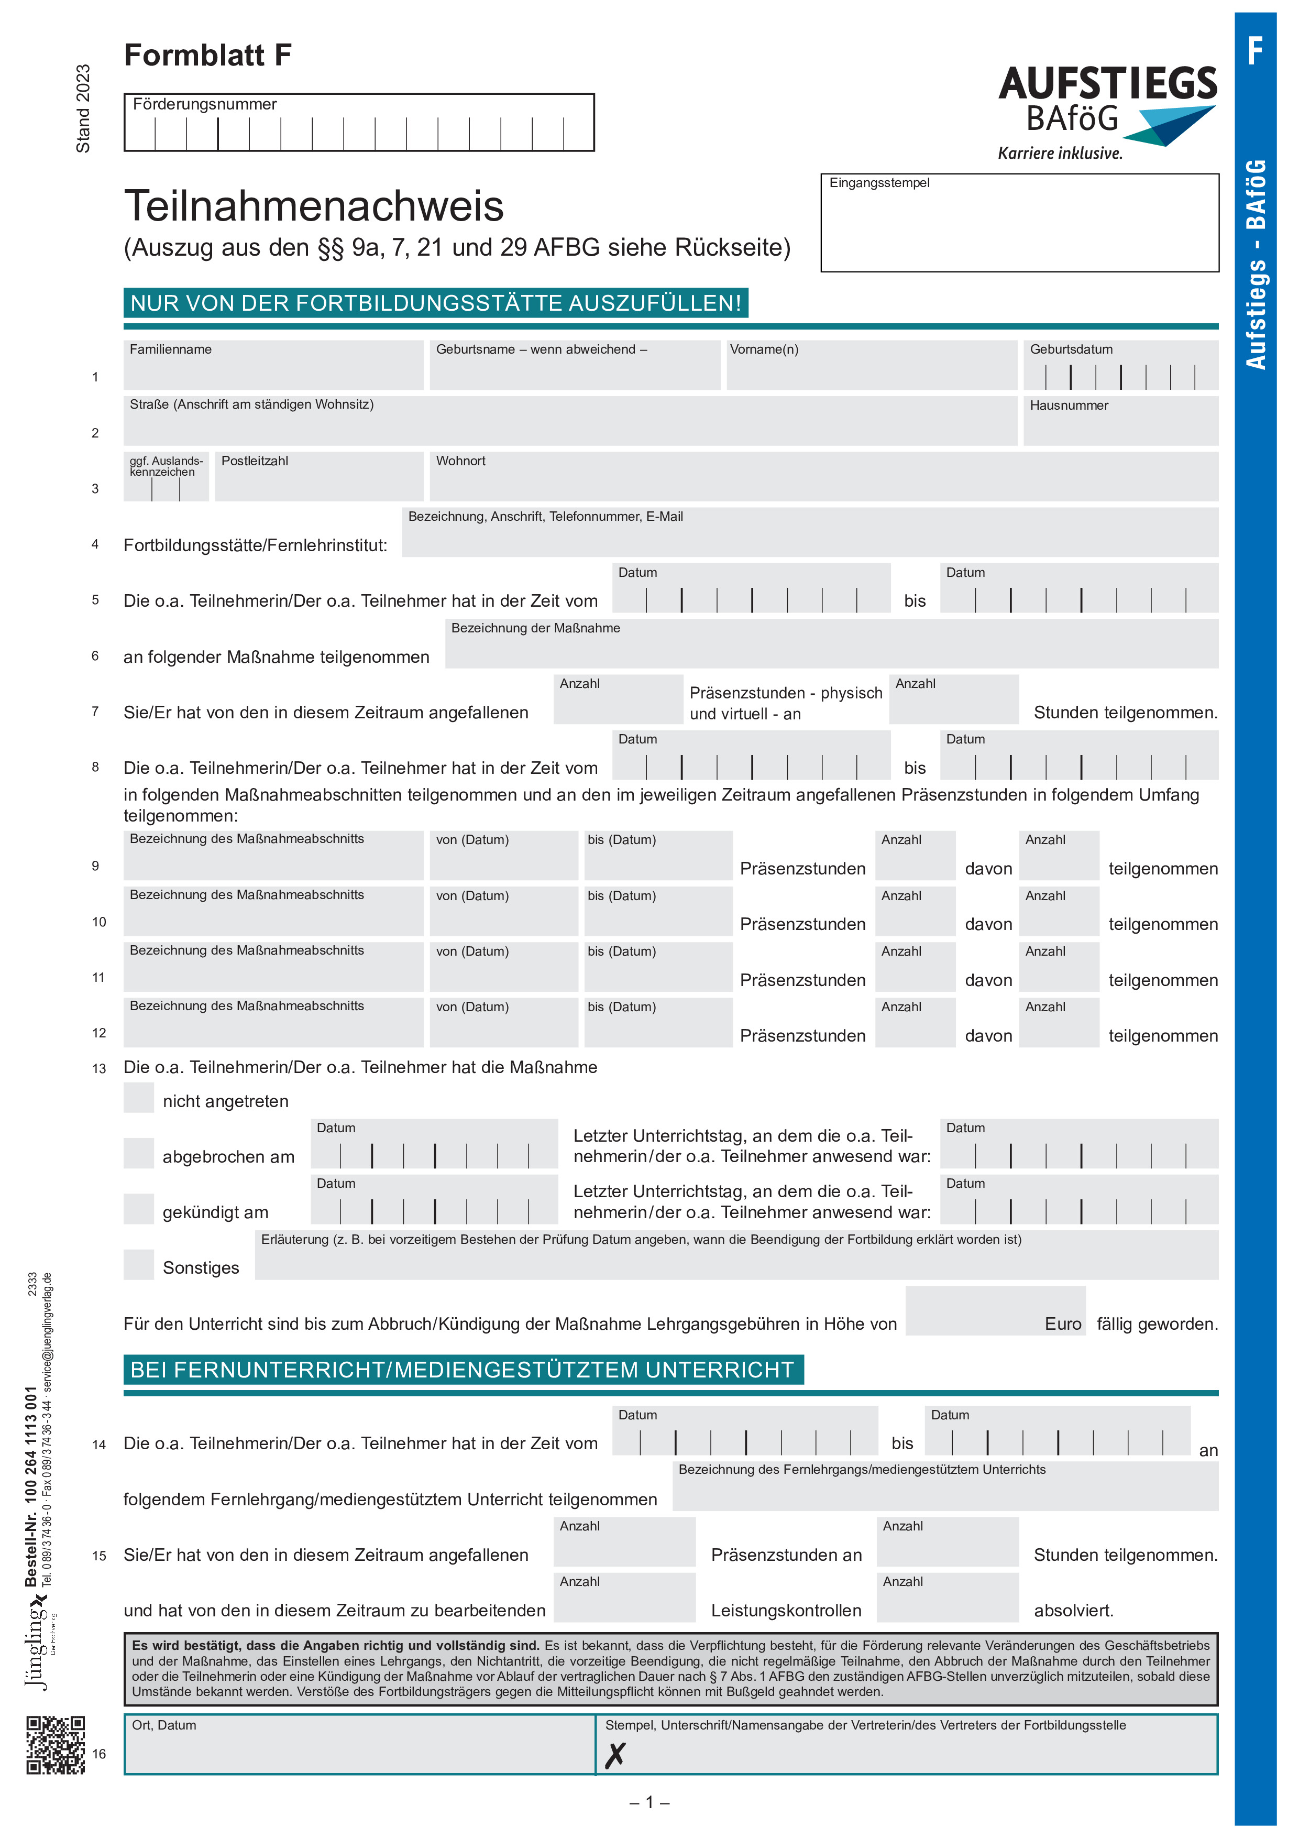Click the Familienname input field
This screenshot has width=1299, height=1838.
tap(273, 366)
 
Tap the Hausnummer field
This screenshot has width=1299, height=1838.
tap(1120, 422)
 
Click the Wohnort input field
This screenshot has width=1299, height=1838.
tap(823, 477)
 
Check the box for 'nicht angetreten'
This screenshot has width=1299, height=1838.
tap(138, 1098)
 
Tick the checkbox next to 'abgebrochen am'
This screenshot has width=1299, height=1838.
tap(138, 1154)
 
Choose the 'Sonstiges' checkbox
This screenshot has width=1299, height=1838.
tap(138, 1264)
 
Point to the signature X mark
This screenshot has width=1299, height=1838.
tap(615, 1756)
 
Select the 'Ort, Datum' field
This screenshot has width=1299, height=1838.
tap(359, 1745)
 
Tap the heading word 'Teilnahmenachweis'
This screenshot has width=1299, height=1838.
tap(314, 206)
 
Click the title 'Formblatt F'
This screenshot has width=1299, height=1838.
tap(207, 55)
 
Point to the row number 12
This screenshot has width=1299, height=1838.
tap(98, 1033)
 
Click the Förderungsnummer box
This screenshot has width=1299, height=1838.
tap(359, 123)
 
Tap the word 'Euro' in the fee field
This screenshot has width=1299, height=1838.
tap(1062, 1324)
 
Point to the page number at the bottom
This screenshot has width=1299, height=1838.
tap(649, 1802)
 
